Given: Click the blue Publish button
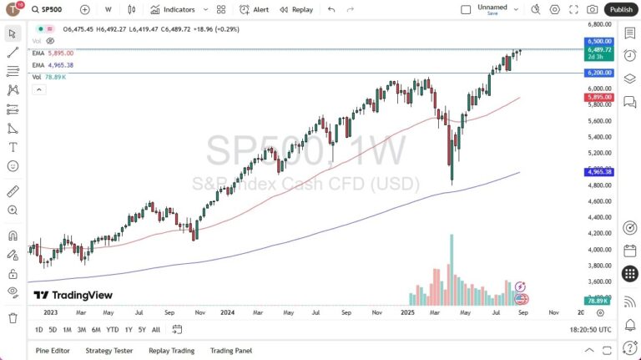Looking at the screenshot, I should (620, 9).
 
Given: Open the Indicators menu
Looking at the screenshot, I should (173, 9).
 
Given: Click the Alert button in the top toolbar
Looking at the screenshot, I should (254, 9).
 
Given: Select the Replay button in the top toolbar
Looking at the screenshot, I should (297, 9).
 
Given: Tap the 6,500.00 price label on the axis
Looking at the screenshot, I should (599, 40).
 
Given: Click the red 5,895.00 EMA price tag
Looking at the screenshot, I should (599, 97).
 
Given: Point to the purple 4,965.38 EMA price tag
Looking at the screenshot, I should (599, 172).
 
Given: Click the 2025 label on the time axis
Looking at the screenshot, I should (408, 312).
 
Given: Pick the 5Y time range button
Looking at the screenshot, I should (142, 329).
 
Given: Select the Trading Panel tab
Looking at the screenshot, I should (231, 351).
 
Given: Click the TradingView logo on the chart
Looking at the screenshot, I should (73, 295).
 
